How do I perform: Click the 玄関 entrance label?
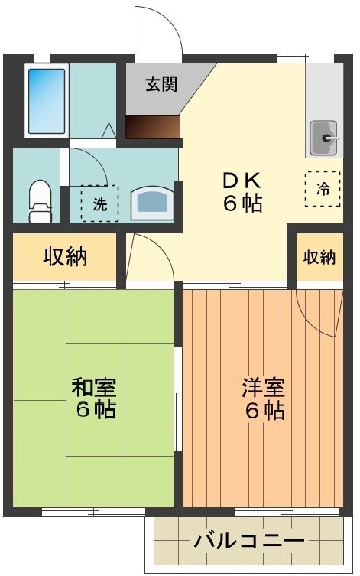tap(162, 84)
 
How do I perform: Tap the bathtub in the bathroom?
tap(46, 100)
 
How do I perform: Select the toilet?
tap(39, 201)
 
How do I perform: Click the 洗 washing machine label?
tap(100, 204)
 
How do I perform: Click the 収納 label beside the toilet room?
tap(64, 257)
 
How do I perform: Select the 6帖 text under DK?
tap(243, 203)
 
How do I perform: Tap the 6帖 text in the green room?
tap(96, 409)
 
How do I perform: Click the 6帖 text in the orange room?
tap(265, 411)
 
